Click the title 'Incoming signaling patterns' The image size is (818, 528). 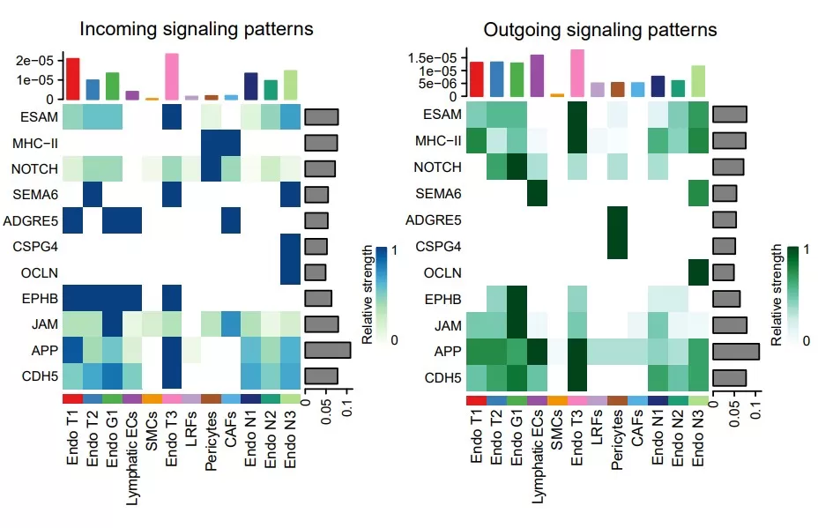click(197, 29)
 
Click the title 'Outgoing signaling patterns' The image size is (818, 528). click(599, 29)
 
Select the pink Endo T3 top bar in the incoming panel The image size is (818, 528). click(172, 77)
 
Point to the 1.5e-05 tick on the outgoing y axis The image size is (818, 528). click(432, 57)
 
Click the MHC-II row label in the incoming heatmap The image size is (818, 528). click(36, 142)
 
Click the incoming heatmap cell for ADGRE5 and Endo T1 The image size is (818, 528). click(71, 219)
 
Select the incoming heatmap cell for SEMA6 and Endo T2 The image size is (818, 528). click(92, 193)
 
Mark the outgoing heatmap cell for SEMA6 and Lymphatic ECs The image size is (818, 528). click(536, 193)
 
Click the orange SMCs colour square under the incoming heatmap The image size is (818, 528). click(152, 398)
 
